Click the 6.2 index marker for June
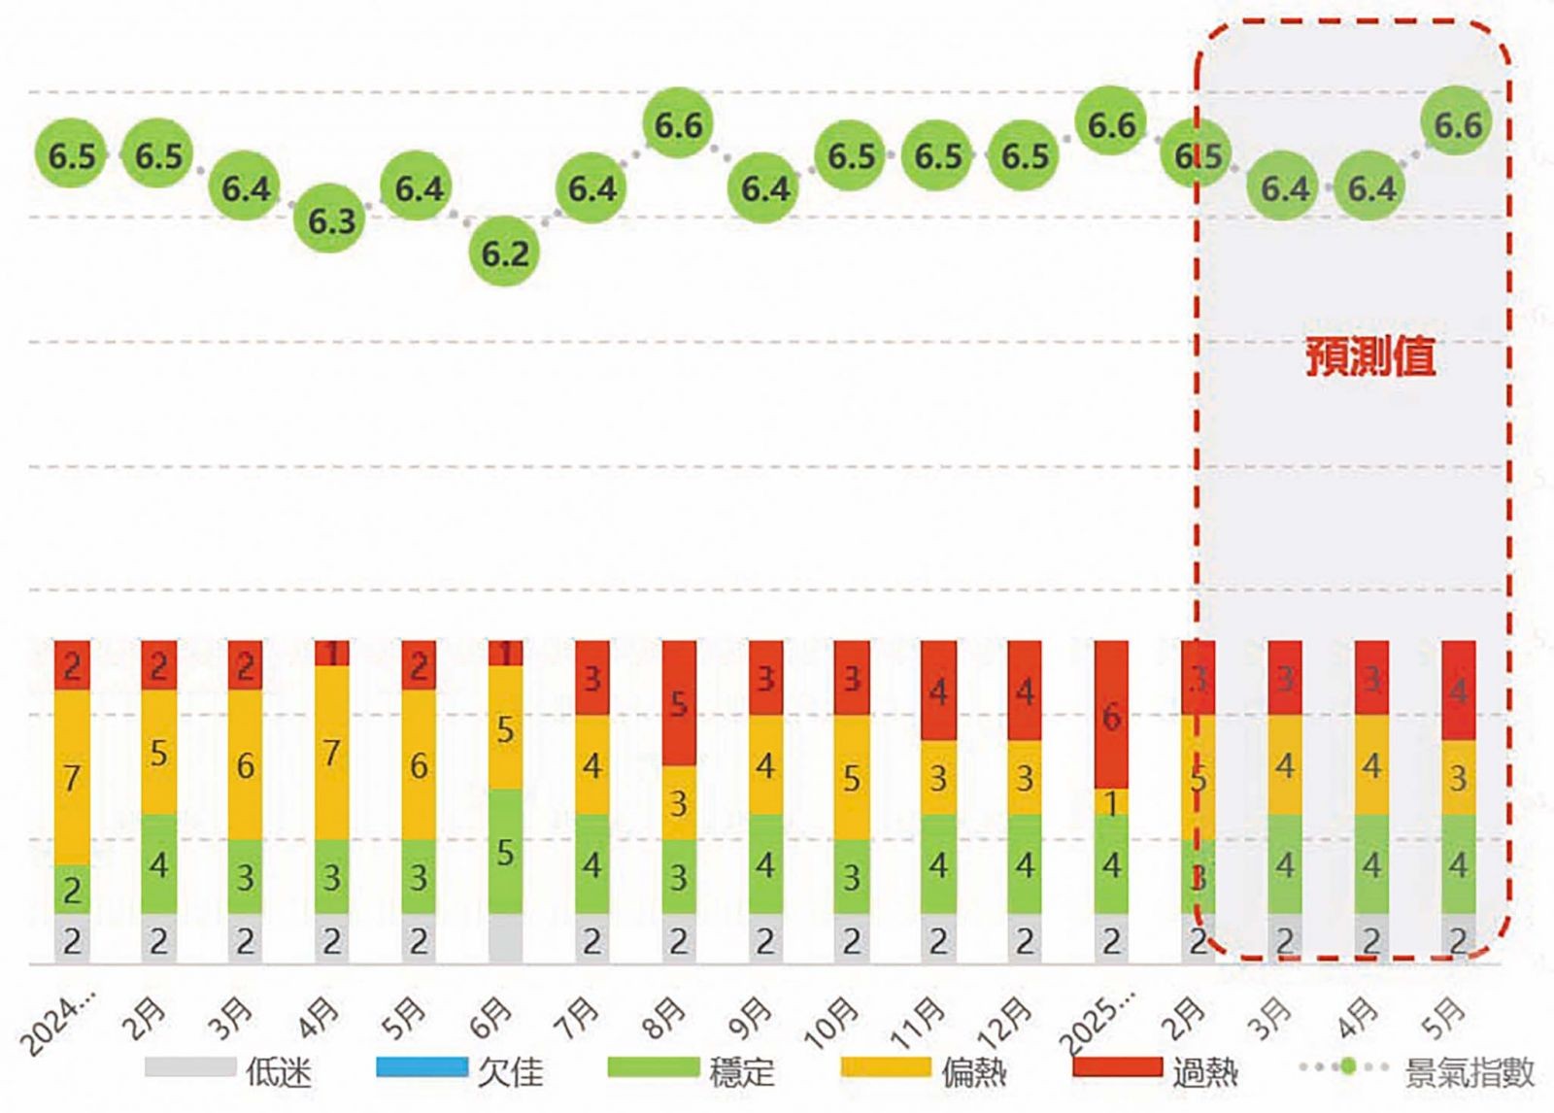click(505, 253)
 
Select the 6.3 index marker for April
click(331, 220)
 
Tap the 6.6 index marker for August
click(678, 124)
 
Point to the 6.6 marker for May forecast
click(1457, 124)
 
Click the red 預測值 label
click(1369, 356)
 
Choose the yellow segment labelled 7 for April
click(331, 753)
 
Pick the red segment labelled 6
click(1111, 715)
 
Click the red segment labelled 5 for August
click(679, 702)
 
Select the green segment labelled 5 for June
click(505, 851)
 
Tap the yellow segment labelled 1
click(1111, 802)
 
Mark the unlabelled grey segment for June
click(505, 938)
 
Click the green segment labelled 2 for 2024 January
click(72, 889)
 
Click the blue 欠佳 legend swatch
click(422, 1067)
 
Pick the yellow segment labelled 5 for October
click(852, 778)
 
